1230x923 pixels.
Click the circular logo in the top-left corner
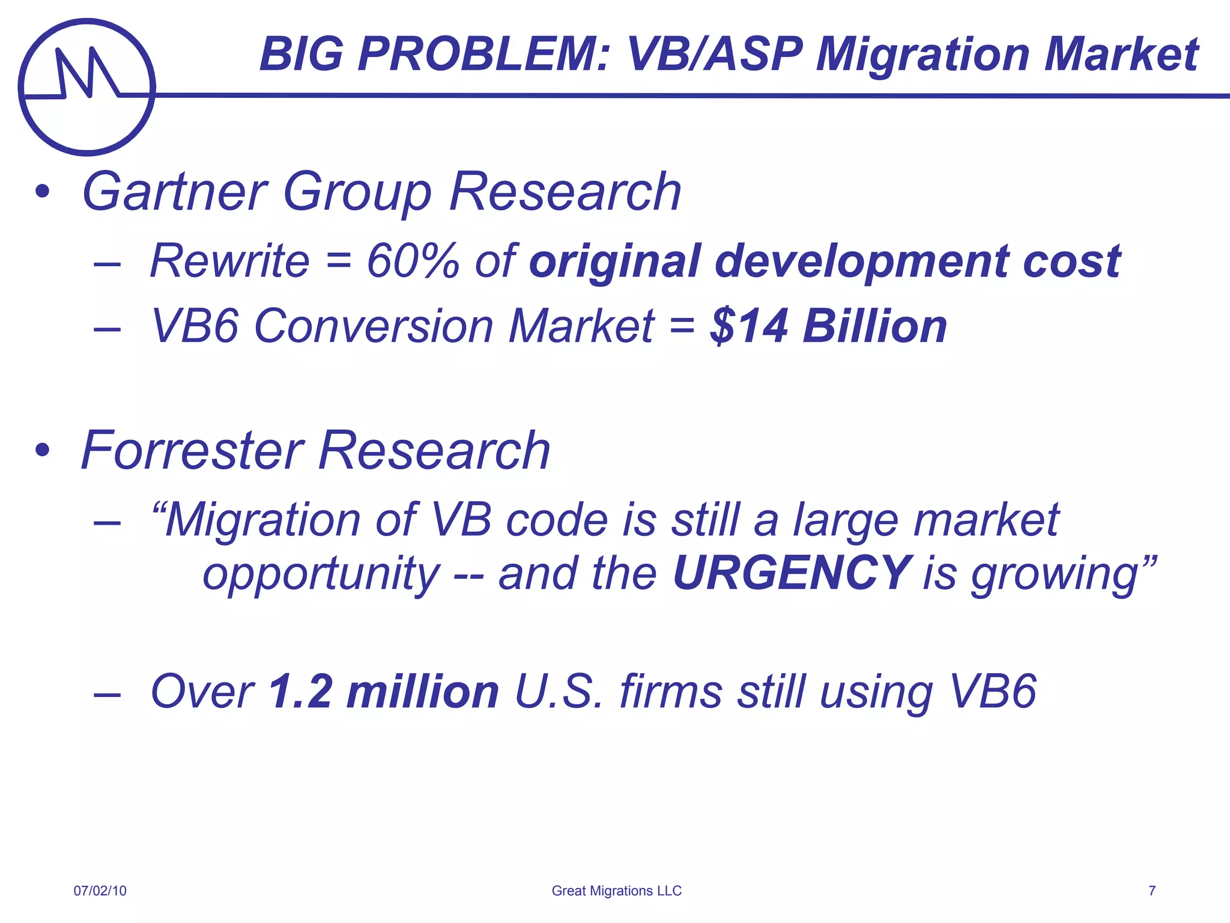(87, 87)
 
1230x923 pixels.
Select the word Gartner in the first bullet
(174, 192)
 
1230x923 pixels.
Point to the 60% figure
(413, 261)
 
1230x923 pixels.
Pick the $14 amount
(748, 326)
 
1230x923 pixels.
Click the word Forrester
(193, 451)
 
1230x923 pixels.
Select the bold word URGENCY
(792, 573)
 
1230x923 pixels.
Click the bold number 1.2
(300, 692)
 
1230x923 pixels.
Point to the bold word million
(423, 692)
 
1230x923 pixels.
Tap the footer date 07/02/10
(100, 891)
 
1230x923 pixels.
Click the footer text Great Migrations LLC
(616, 891)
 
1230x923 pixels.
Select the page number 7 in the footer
(1152, 891)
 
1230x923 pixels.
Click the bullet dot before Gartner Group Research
(42, 192)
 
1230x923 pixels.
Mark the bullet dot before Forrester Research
(42, 450)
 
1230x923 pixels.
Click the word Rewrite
(229, 261)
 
